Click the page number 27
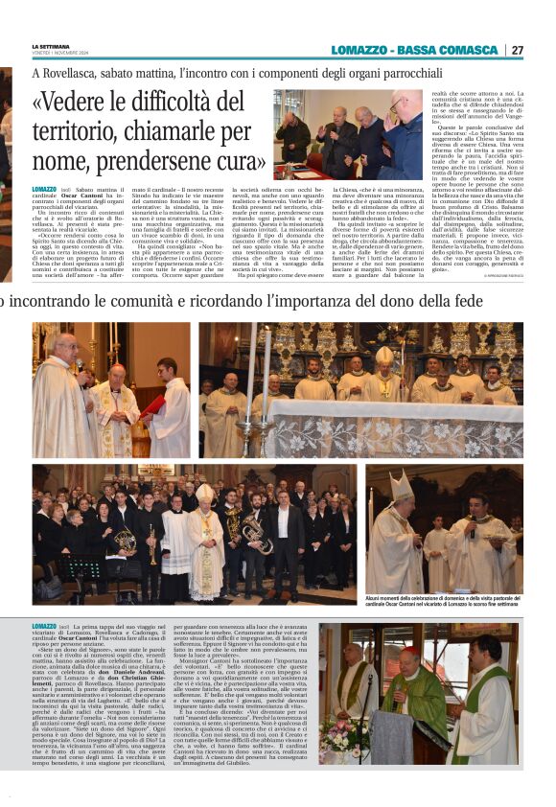pos(518,50)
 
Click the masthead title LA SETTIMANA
pos(49,46)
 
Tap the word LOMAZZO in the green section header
pos(360,50)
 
